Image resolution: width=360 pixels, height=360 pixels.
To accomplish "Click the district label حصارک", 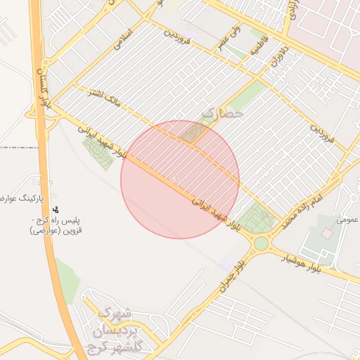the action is pyautogui.click(x=222, y=112).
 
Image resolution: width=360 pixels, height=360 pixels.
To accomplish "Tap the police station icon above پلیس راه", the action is pyautogui.click(x=56, y=209).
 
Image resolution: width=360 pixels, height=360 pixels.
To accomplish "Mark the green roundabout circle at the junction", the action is pyautogui.click(x=262, y=243).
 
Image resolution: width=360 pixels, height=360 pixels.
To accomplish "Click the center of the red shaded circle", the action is pyautogui.click(x=180, y=179).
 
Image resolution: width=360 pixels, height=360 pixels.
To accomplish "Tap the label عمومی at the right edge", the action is pyautogui.click(x=347, y=219).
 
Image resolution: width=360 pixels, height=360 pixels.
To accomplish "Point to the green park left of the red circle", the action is pyautogui.click(x=98, y=152).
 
